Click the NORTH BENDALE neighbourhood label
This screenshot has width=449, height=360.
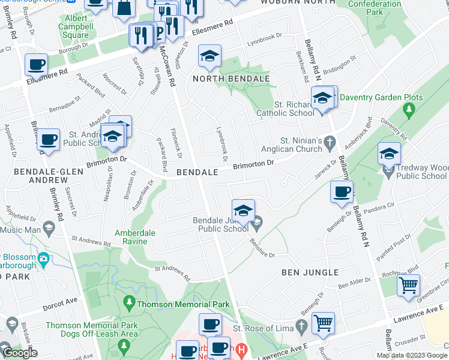pos(231,79)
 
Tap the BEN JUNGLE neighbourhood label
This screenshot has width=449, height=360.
pos(310,272)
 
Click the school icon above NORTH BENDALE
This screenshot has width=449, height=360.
pos(210,56)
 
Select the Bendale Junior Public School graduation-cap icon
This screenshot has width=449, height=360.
pos(243,211)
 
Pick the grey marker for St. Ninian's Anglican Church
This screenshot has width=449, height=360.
pos(328,143)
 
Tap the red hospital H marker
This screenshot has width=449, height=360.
pos(241,349)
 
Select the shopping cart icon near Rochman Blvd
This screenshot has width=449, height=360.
pos(409,285)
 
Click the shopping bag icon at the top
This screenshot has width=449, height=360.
pos(124,7)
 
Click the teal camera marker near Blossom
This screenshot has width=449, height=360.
pos(43,259)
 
